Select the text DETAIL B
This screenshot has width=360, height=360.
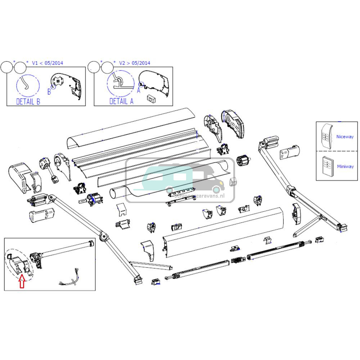click(28, 102)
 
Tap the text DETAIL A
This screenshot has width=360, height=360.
click(121, 102)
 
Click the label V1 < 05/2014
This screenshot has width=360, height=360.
click(48, 63)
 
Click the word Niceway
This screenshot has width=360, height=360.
click(345, 137)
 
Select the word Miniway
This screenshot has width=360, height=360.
click(345, 166)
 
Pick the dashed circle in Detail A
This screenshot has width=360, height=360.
click(118, 84)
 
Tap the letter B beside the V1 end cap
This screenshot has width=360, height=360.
click(49, 92)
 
